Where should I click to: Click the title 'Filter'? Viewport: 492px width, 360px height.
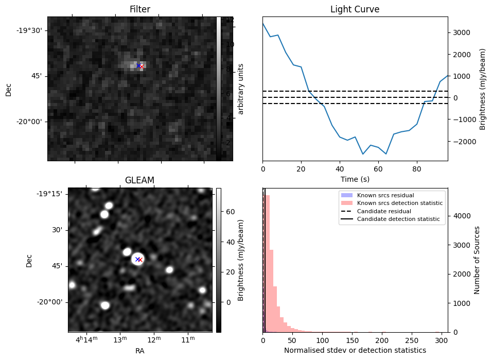139,9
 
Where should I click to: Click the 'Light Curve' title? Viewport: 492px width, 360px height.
355,9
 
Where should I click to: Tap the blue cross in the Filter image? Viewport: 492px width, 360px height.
138,65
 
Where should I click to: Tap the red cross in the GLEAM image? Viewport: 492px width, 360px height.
140,260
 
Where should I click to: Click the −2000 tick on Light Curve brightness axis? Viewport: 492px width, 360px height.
459,142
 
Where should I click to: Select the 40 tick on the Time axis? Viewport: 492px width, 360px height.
340,169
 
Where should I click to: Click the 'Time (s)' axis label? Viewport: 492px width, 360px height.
355,179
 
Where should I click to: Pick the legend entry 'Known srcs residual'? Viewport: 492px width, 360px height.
385,195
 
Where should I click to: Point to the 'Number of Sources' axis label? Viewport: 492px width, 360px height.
477,260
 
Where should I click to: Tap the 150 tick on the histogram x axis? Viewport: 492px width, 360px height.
353,340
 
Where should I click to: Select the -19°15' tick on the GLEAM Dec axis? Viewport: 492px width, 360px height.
52,194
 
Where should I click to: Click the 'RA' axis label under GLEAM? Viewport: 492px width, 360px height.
139,351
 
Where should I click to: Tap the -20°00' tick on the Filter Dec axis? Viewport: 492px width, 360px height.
29,122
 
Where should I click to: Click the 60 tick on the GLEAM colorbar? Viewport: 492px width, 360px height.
230,212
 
